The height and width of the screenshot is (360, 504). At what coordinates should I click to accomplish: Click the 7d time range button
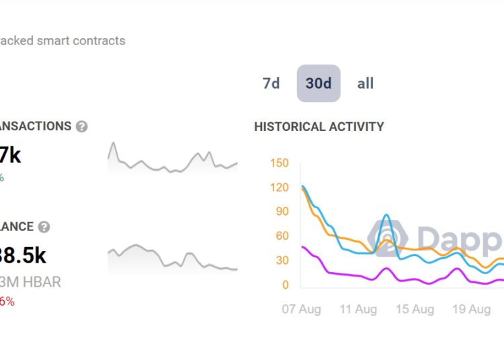[271, 83]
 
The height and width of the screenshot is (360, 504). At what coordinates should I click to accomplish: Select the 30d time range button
[319, 83]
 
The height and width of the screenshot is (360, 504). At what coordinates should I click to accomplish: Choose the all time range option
[366, 83]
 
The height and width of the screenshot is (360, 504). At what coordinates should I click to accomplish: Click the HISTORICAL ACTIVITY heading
[319, 126]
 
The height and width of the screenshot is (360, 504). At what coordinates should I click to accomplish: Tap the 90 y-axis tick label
[281, 212]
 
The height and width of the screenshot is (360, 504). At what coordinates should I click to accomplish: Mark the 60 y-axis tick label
[281, 236]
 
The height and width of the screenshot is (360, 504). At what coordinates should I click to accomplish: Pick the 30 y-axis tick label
[281, 261]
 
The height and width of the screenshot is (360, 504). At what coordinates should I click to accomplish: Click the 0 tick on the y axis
[285, 285]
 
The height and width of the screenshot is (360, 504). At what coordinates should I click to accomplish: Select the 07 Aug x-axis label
[300, 309]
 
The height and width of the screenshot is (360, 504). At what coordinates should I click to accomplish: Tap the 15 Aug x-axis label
[414, 309]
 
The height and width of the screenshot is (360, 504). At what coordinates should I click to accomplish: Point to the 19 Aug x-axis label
[470, 309]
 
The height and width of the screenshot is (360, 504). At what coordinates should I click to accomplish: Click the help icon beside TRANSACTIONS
[81, 126]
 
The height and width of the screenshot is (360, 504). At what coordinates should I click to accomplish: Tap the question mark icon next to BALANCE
[44, 227]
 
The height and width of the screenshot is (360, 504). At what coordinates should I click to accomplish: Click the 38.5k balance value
[24, 255]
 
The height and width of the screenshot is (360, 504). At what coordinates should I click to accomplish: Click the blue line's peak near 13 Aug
[386, 216]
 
